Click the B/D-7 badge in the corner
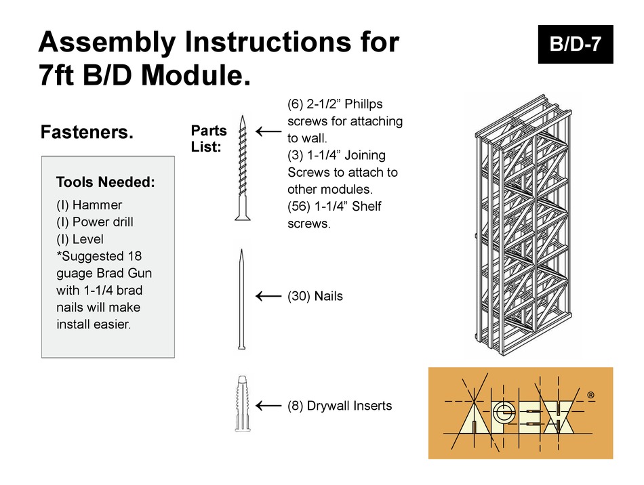(x=575, y=45)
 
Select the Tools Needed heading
(x=105, y=182)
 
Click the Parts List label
(x=209, y=138)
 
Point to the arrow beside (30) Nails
(x=268, y=296)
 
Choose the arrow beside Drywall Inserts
(x=268, y=406)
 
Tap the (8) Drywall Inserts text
(x=340, y=406)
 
